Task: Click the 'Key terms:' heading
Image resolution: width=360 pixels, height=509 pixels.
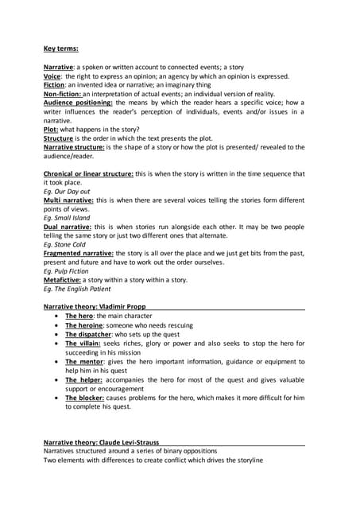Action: [x=60, y=49]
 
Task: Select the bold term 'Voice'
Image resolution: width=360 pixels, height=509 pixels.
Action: [x=52, y=76]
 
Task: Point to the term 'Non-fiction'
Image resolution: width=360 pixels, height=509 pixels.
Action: [x=63, y=94]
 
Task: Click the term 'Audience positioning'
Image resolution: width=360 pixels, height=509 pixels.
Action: [x=78, y=103]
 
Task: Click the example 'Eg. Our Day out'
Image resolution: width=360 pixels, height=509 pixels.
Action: [x=67, y=191]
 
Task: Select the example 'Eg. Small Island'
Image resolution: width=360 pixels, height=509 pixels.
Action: [x=67, y=217]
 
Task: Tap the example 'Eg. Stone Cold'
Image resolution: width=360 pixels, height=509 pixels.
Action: [x=64, y=244]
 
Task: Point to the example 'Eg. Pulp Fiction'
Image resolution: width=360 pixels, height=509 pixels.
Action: [x=66, y=270]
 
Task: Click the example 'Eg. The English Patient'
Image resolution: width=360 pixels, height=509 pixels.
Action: [x=77, y=288]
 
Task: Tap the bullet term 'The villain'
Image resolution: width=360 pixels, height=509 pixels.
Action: [x=84, y=344]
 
